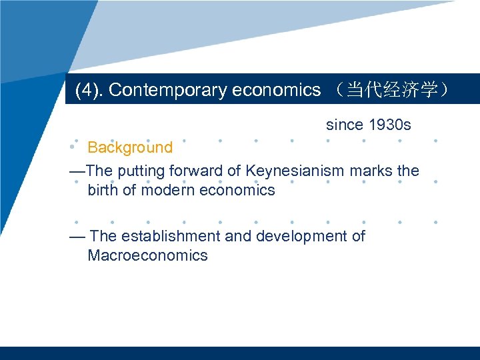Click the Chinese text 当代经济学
(x=387, y=90)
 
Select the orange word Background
(x=130, y=147)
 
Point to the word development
(x=301, y=236)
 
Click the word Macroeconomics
(x=147, y=255)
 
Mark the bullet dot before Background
(x=75, y=141)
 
